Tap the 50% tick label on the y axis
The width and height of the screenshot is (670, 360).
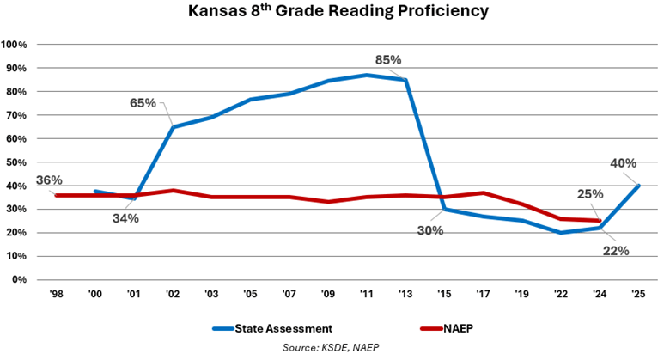(17, 162)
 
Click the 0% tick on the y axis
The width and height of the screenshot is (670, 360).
(20, 280)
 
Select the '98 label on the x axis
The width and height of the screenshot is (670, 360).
(58, 295)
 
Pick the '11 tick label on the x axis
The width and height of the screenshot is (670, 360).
(368, 295)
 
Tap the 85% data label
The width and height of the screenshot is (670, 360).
(388, 60)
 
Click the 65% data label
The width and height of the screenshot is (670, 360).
(143, 103)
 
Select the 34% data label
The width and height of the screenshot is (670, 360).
(125, 218)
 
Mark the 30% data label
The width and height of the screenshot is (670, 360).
(431, 229)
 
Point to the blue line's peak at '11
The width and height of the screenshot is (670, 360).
(368, 76)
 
